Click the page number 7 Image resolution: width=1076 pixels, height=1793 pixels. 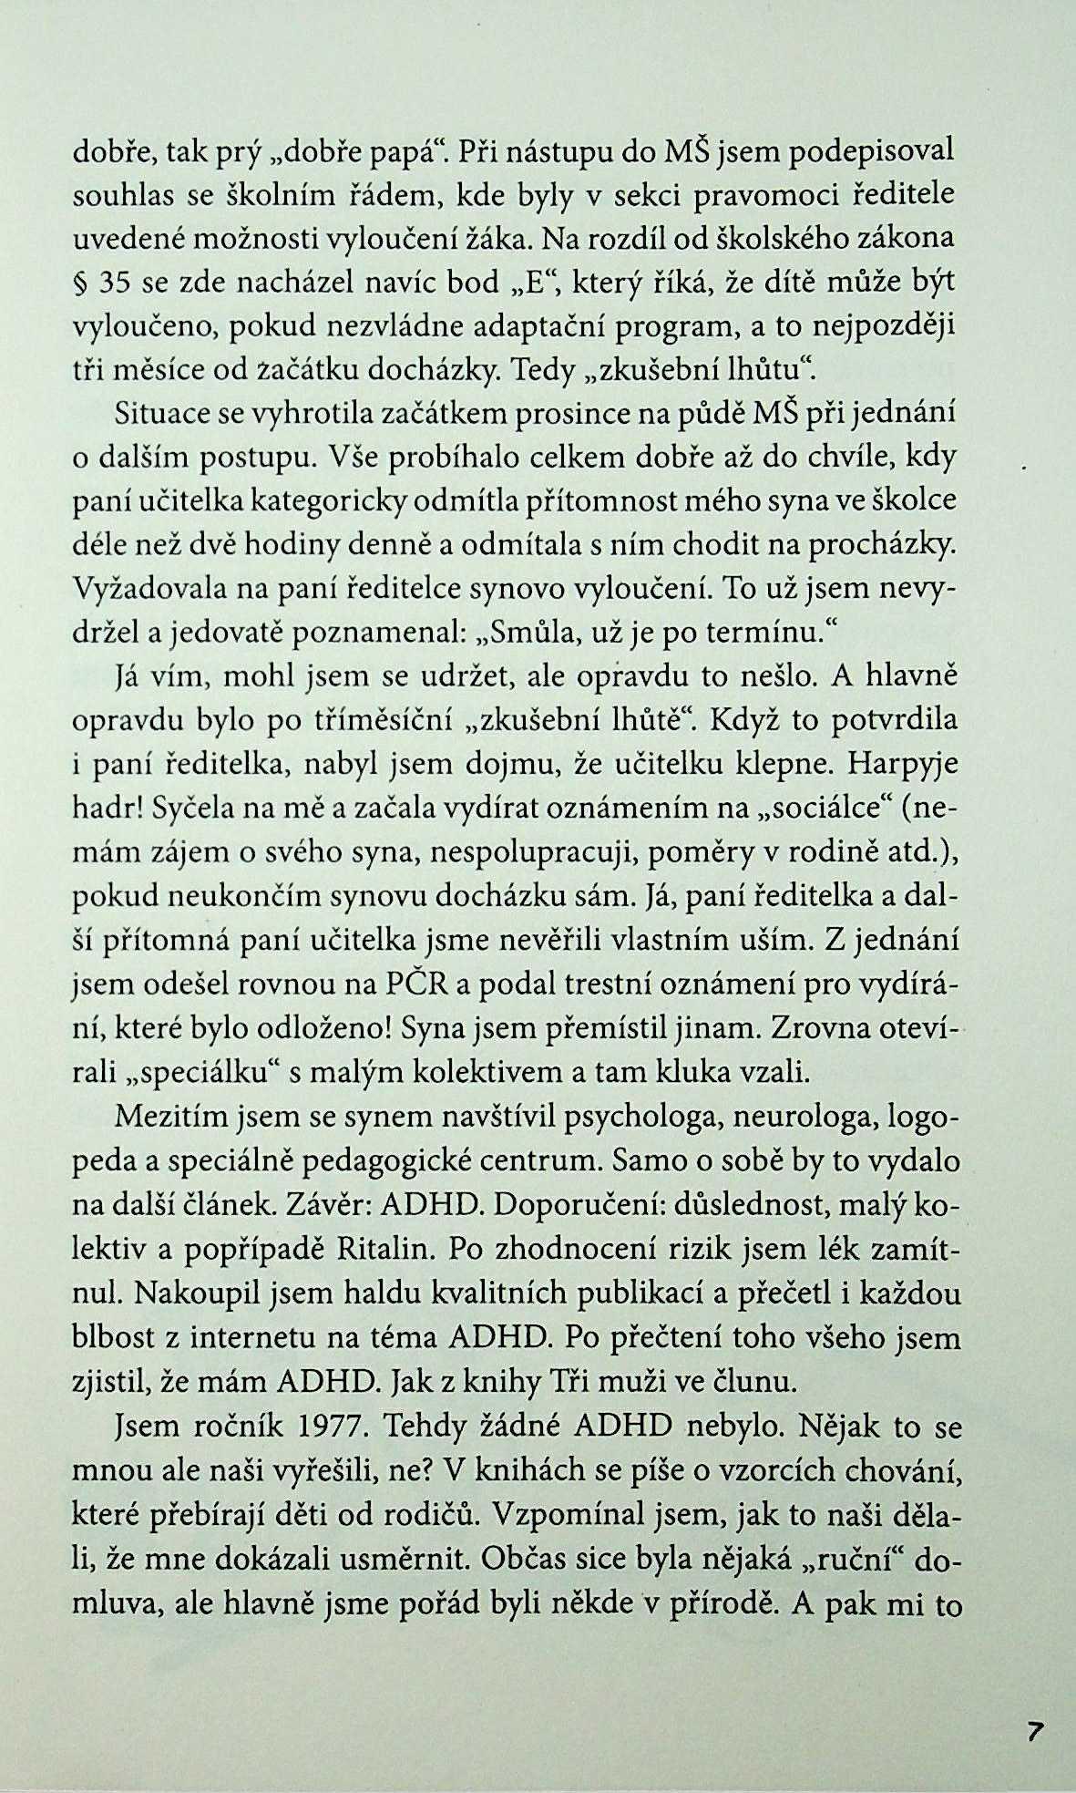coord(1034,1731)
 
